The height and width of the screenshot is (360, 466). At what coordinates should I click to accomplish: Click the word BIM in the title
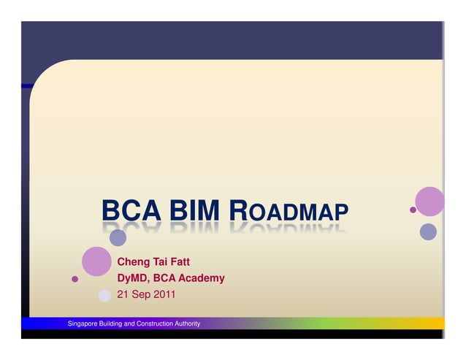click(195, 212)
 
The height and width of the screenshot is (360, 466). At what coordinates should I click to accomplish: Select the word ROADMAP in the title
click(289, 212)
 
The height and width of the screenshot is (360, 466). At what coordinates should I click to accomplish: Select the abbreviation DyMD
click(133, 278)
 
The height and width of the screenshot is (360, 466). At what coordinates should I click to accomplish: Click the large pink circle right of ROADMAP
click(429, 202)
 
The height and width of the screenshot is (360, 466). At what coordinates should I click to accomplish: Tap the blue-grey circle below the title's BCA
click(118, 237)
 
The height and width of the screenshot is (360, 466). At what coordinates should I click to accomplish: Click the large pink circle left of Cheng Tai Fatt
click(96, 261)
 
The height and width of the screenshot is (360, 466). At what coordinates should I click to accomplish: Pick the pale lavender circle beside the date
click(104, 295)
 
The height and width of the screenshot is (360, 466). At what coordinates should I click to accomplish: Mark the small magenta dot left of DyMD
click(75, 278)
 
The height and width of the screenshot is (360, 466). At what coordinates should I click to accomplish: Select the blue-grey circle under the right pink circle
click(428, 231)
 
